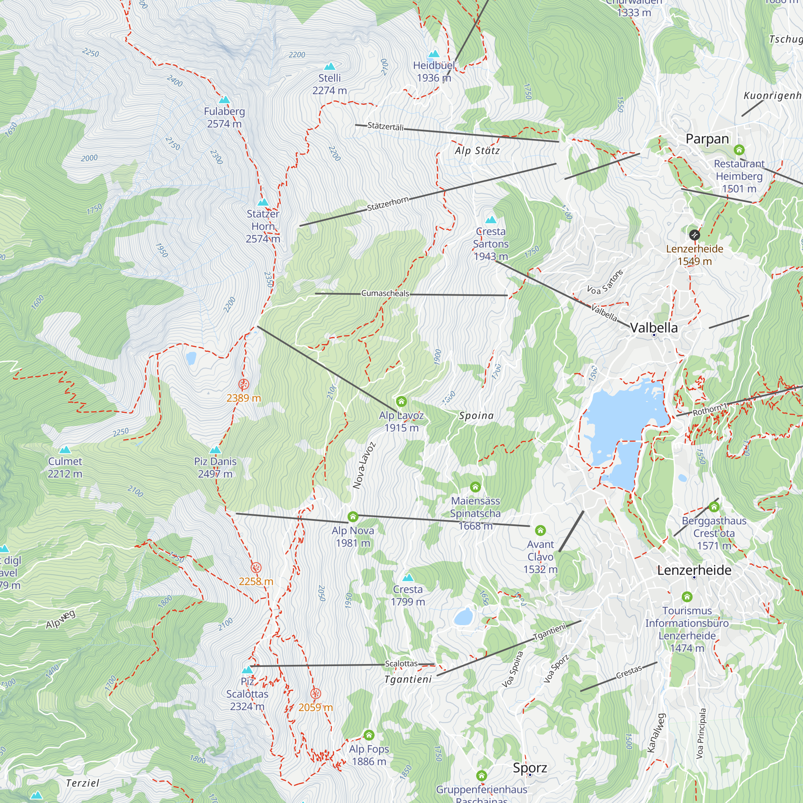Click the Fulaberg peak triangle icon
[x=224, y=100]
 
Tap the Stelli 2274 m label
[x=330, y=84]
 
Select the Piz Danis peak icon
[x=215, y=450]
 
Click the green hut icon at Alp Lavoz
[x=401, y=401]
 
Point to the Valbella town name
[x=654, y=328]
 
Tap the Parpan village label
[x=707, y=139]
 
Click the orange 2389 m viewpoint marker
[x=244, y=384]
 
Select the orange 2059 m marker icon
[x=316, y=694]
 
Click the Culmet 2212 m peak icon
[x=65, y=450]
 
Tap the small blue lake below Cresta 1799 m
[x=463, y=617]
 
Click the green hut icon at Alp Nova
[x=353, y=517]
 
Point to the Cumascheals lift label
[x=385, y=293]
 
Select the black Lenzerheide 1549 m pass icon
[x=695, y=235]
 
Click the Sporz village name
[x=530, y=768]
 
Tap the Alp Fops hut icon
[x=369, y=735]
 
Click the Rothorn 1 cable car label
[x=710, y=409]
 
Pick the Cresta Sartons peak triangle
[x=491, y=220]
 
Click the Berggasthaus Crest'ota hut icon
[x=714, y=507]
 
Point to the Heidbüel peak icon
[x=434, y=54]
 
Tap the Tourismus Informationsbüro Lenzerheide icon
[x=687, y=597]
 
